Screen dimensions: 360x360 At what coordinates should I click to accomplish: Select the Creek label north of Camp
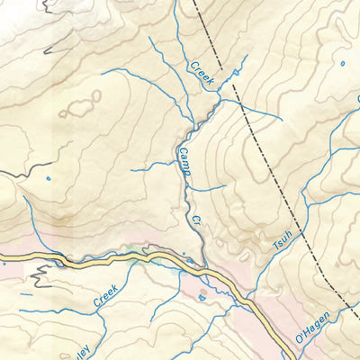(x=201, y=74)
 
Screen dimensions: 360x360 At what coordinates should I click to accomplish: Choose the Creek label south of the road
(x=106, y=296)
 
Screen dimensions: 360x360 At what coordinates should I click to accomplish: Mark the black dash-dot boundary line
(x=270, y=162)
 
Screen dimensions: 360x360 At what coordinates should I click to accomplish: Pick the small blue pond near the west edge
(x=48, y=177)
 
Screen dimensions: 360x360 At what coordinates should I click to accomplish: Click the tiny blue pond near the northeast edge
(x=342, y=63)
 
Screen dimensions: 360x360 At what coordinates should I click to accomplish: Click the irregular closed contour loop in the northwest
(x=81, y=106)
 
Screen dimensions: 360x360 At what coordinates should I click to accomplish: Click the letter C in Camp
(x=179, y=150)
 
